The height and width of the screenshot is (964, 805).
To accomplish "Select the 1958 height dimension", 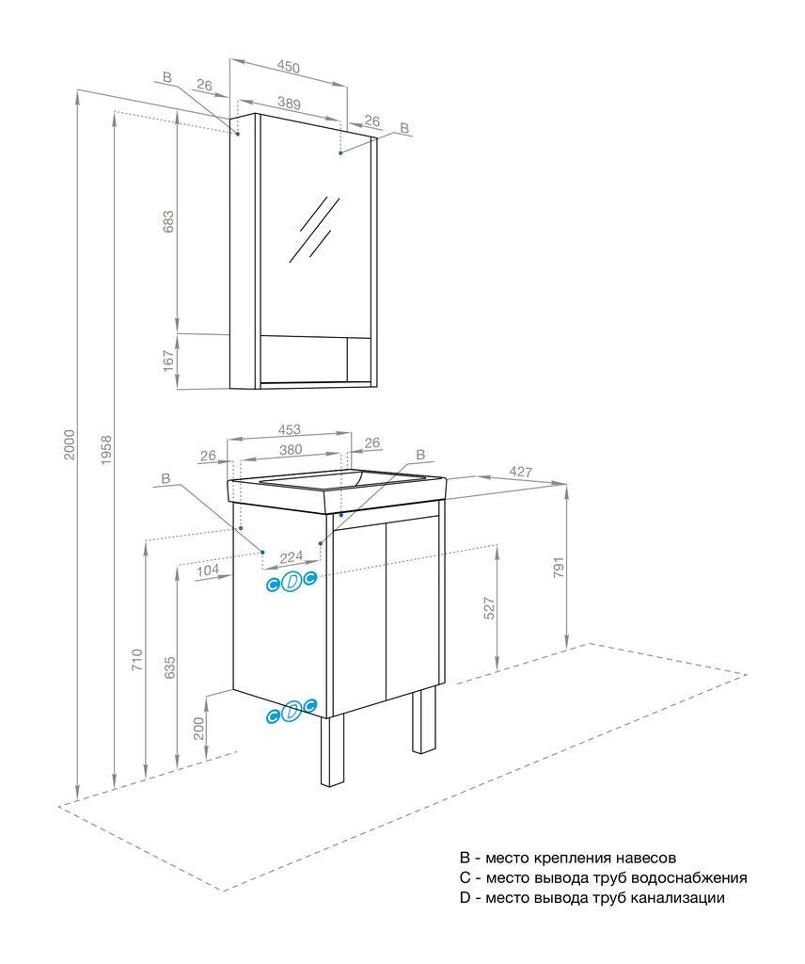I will [x=105, y=450].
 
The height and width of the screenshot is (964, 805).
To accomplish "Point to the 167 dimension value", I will [x=169, y=361].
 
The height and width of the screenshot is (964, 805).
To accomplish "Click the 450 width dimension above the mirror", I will [x=288, y=68].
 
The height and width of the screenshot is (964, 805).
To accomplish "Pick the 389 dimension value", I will [x=294, y=104].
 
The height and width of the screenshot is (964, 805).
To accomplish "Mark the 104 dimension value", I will [x=208, y=570].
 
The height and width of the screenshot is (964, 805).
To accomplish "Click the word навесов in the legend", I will [x=644, y=858].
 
